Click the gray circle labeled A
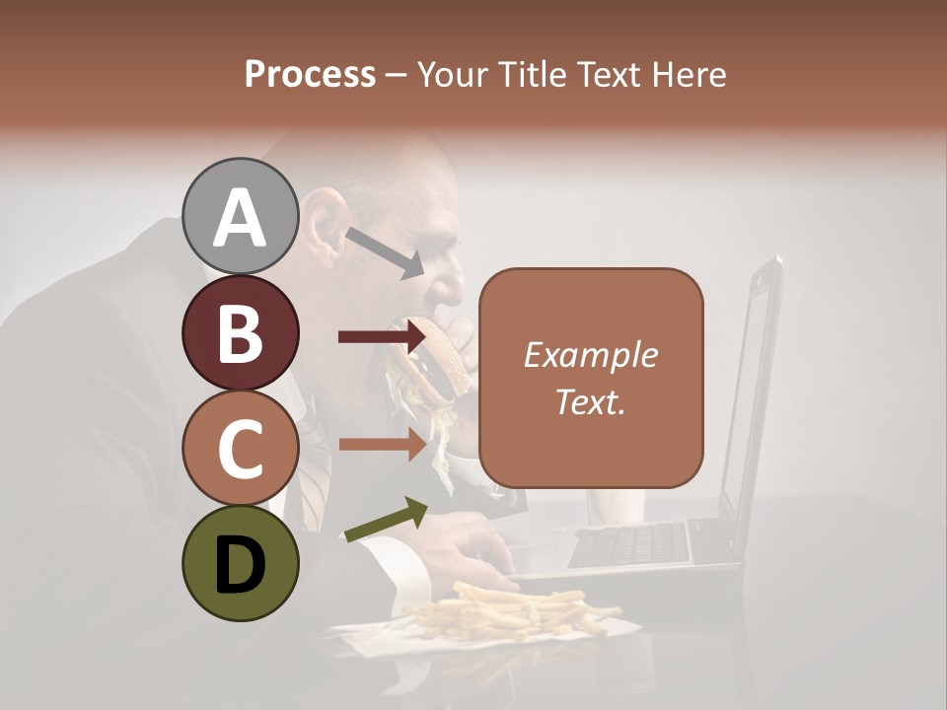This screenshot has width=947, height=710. [240, 216]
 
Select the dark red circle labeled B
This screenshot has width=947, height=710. [240, 332]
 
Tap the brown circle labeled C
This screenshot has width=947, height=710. [240, 448]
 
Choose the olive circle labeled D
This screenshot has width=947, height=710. [240, 563]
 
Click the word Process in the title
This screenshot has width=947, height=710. [310, 74]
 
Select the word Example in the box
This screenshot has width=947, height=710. [590, 355]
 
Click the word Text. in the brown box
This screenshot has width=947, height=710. [590, 401]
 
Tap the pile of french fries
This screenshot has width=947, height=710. [513, 611]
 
